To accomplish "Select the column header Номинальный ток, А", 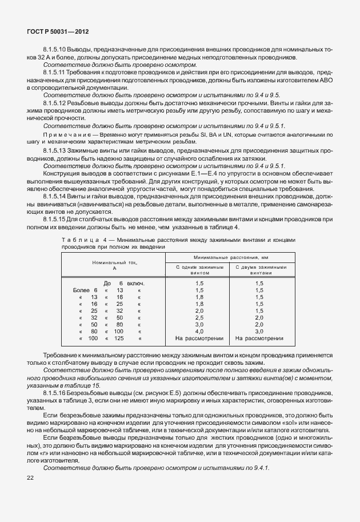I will [114, 264].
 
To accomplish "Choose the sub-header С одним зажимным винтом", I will [199, 270].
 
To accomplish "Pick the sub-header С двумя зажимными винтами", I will [259, 270].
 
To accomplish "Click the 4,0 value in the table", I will [199, 331].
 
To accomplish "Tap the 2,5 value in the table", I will [199, 317].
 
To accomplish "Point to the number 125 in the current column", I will [118, 338].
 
